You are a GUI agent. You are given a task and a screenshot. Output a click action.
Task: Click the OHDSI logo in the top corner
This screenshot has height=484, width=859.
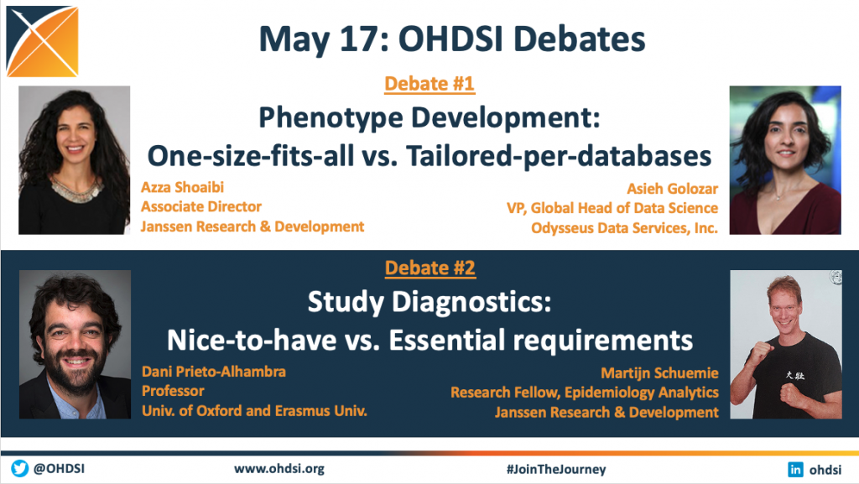click(42, 41)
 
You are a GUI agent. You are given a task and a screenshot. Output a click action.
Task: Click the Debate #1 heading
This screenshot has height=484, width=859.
click(429, 84)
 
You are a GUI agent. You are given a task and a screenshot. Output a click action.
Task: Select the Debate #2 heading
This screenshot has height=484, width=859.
click(430, 268)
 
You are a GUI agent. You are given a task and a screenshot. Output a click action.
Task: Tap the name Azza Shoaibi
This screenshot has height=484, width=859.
click(182, 187)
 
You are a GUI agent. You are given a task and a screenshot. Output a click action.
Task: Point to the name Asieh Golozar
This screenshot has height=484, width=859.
click(672, 189)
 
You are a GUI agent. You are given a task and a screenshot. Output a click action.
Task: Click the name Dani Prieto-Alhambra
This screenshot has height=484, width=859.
click(214, 372)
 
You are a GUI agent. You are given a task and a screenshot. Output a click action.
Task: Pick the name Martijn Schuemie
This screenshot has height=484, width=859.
click(659, 373)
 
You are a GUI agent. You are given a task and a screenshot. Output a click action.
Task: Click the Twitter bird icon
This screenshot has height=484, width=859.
click(20, 469)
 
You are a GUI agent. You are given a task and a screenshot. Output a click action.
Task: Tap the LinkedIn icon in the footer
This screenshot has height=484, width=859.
click(795, 469)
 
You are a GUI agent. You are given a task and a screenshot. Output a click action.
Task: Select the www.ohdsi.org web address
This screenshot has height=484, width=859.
click(279, 469)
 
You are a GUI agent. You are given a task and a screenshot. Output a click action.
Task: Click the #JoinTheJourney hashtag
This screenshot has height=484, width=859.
click(556, 469)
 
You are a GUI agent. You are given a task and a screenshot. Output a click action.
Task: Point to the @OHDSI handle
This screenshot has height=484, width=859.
click(60, 469)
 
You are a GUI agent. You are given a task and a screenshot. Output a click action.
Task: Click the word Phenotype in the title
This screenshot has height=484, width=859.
click(330, 118)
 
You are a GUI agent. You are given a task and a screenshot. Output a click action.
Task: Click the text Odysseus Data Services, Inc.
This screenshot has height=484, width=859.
click(624, 228)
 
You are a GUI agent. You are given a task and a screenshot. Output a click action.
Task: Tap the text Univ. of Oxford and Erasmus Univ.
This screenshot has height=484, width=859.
click(254, 411)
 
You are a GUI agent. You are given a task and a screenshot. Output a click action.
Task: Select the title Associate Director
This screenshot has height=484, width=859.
click(201, 207)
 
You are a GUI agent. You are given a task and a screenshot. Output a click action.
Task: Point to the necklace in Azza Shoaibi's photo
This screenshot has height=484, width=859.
click(76, 189)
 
